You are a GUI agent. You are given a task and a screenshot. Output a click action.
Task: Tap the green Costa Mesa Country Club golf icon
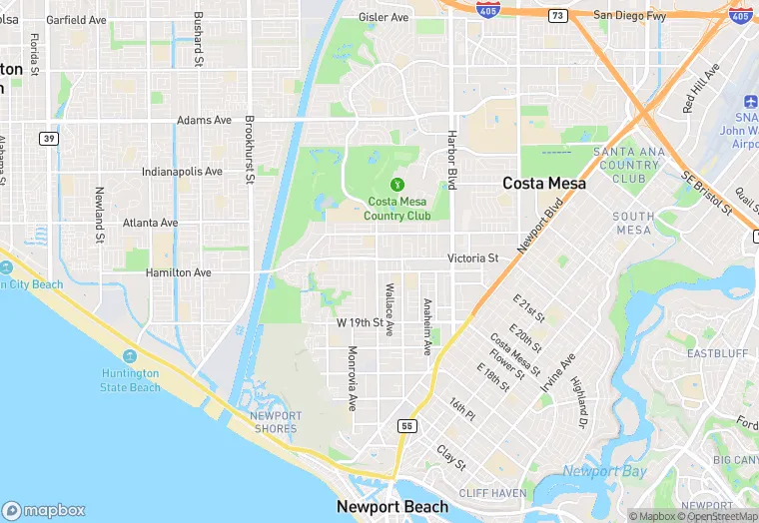tap(396, 184)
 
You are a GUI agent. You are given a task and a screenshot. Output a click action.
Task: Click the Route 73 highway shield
tap(558, 15)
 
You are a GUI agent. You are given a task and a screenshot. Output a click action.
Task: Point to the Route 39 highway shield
tap(47, 138)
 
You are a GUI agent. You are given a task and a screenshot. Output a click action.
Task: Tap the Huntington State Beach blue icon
tap(129, 356)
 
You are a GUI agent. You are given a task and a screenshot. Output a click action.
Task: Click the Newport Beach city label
tap(392, 507)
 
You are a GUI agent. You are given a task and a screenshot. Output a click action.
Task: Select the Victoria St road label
tap(472, 259)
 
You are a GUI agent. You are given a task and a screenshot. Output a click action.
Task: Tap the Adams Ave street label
tap(204, 120)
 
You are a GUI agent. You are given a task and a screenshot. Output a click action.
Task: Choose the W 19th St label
tap(360, 323)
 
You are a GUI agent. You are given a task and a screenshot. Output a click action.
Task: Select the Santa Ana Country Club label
tap(626, 165)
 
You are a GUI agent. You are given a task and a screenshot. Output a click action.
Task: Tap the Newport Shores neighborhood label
tap(275, 422)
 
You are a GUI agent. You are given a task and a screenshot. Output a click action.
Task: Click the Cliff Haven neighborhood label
tap(491, 493)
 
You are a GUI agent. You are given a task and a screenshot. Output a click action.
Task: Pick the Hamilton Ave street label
tap(179, 272)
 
